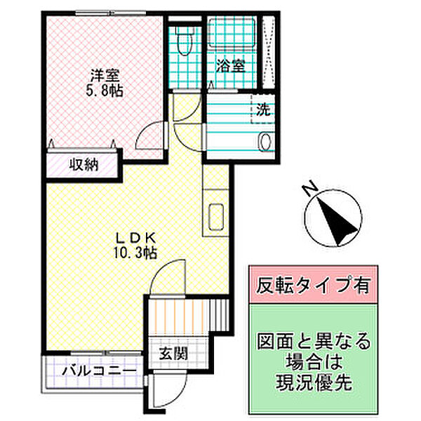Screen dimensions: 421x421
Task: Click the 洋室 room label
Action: (x=105, y=75)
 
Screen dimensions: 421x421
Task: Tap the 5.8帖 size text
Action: (x=105, y=91)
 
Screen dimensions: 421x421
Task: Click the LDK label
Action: (x=135, y=237)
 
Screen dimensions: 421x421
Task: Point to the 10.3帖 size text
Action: (x=135, y=253)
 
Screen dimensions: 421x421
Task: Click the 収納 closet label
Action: (x=84, y=165)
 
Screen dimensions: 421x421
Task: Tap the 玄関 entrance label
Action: (x=173, y=354)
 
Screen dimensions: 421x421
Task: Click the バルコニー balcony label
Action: (x=99, y=371)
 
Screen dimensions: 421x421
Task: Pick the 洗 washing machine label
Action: (x=263, y=109)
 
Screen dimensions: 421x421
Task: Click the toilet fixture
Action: (x=184, y=40)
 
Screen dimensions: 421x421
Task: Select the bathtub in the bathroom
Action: (x=232, y=33)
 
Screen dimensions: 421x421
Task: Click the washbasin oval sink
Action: (x=265, y=142)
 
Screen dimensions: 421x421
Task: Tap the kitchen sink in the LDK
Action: (x=216, y=217)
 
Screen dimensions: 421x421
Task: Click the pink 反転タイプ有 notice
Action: (x=314, y=285)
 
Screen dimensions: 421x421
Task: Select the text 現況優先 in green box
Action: (x=314, y=382)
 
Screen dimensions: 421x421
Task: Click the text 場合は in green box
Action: (x=314, y=361)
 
